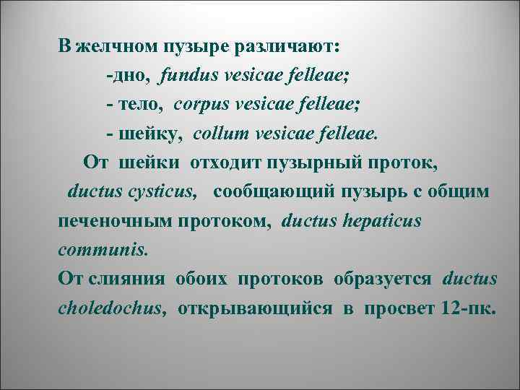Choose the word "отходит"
tap(227, 162)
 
